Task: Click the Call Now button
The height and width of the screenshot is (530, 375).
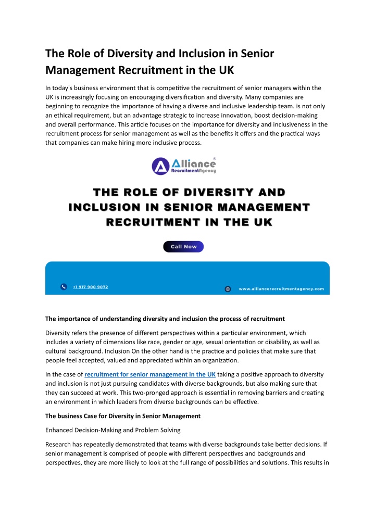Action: [x=183, y=246]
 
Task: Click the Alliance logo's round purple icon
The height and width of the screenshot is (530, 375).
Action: [x=161, y=167]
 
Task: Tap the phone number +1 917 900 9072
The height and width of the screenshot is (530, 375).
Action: [x=91, y=287]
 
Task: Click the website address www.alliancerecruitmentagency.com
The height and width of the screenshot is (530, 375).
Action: [x=281, y=288]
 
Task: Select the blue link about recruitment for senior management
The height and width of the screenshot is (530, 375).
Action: [x=150, y=374]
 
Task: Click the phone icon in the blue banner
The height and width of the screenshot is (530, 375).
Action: [x=64, y=287]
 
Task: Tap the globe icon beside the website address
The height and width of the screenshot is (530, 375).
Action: [x=228, y=289]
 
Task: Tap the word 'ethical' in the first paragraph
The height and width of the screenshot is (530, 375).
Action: [x=66, y=116]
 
